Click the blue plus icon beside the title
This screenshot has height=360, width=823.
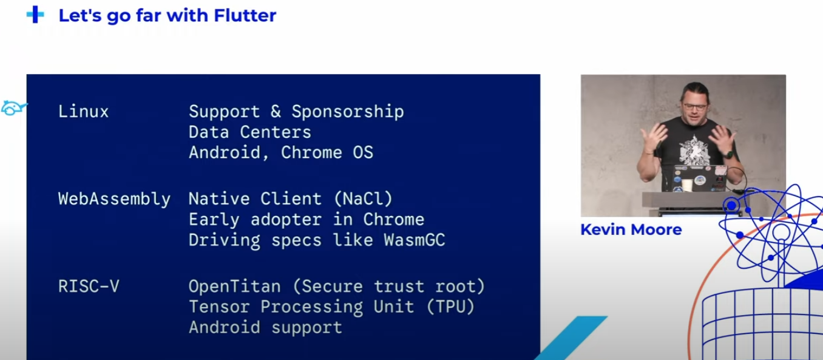[35, 15]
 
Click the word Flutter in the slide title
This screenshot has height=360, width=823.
[245, 15]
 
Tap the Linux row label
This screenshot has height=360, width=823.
[83, 111]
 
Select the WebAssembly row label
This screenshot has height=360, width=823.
[114, 199]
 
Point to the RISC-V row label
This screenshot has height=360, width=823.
[89, 286]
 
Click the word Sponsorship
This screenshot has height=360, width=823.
[348, 112]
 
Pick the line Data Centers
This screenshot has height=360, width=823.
[250, 132]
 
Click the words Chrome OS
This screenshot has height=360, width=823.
[327, 152]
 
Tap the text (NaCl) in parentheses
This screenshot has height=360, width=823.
[364, 199]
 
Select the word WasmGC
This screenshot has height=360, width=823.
[415, 240]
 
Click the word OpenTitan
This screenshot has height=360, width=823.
[235, 286]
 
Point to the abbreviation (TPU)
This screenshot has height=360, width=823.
[451, 307]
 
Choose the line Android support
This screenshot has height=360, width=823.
[265, 327]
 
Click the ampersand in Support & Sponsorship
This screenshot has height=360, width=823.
[276, 112]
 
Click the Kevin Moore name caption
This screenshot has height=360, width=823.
[631, 229]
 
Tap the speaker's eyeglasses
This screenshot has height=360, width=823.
[695, 107]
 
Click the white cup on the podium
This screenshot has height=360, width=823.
[686, 185]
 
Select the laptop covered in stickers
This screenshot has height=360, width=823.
[695, 178]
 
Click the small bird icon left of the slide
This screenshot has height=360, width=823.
[13, 108]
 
